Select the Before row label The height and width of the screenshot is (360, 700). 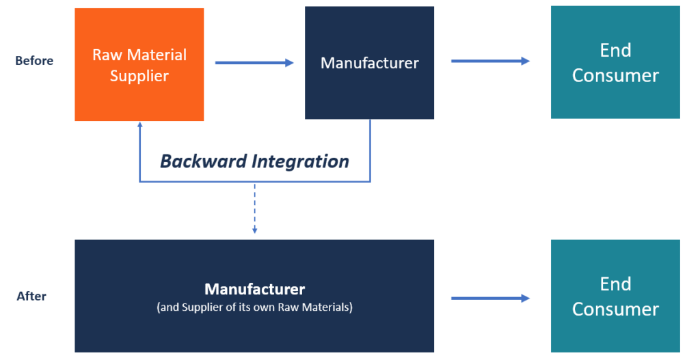pos(34,61)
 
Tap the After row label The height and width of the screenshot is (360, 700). pos(31,296)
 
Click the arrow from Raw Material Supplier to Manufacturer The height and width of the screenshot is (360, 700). pos(254,63)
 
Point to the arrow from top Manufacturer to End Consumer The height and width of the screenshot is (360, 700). pos(489,61)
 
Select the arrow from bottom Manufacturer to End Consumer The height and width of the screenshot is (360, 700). pos(489,298)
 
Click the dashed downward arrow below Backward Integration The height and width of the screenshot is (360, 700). pos(254,205)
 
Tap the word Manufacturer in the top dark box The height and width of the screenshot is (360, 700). pos(369,63)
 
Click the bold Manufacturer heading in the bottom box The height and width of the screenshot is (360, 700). pos(254,289)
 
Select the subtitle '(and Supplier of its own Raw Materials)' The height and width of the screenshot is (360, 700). pos(254,307)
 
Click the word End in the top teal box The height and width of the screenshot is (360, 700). pos(615,51)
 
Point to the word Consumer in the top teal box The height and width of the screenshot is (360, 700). pos(615,75)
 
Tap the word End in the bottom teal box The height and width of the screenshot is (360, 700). pos(615,284)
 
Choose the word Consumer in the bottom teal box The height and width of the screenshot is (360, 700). pos(615,309)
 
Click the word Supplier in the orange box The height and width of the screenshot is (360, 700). pos(139,76)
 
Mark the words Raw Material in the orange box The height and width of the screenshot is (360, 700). pos(139,55)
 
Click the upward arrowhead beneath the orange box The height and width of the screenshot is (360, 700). pos(139,126)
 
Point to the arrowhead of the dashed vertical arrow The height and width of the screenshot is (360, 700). pos(254,230)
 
